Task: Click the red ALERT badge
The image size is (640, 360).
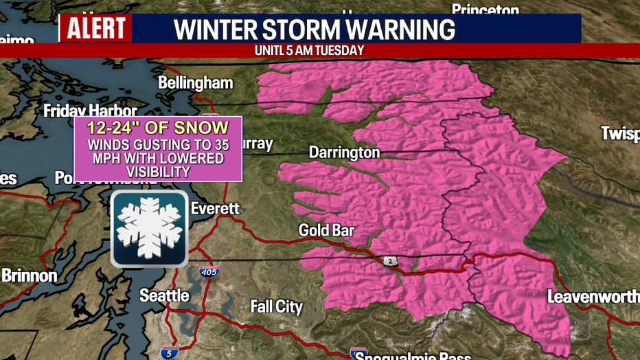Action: click(x=95, y=29)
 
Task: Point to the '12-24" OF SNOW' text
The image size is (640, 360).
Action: click(x=158, y=128)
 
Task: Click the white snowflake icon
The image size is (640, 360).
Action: click(x=150, y=229)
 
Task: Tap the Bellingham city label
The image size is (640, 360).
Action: click(x=195, y=83)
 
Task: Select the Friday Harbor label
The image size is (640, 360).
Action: click(x=90, y=111)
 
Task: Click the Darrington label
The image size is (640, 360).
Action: click(x=344, y=152)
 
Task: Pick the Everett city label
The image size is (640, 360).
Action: click(x=215, y=208)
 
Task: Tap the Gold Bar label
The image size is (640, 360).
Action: click(x=325, y=230)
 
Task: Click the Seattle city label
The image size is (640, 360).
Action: click(x=164, y=295)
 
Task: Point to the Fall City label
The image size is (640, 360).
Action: click(x=276, y=306)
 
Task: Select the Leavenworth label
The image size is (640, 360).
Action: click(x=593, y=297)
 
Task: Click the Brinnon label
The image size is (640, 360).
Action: click(x=29, y=275)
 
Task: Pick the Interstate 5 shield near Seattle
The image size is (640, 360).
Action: click(x=170, y=352)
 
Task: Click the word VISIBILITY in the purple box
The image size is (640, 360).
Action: click(x=158, y=172)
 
